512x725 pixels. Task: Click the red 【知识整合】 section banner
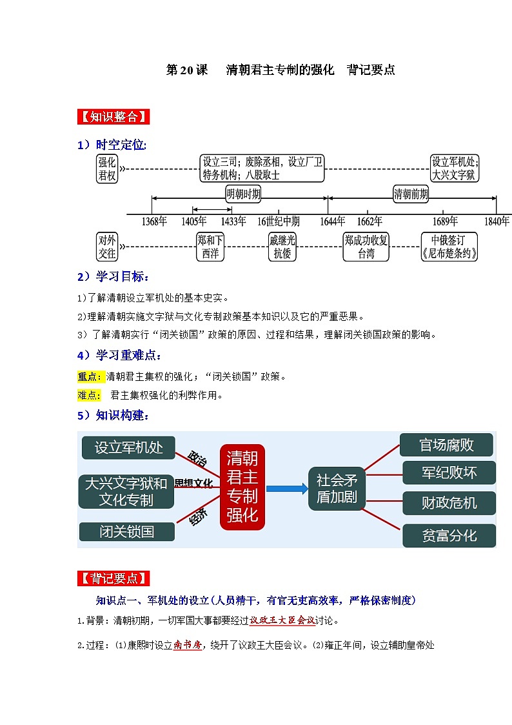(x=113, y=116)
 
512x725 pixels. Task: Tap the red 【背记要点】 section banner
(x=113, y=578)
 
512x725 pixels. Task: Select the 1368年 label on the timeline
(x=154, y=221)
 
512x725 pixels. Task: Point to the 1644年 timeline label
(x=332, y=221)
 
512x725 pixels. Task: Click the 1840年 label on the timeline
(x=497, y=221)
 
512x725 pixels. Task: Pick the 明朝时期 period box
(x=243, y=194)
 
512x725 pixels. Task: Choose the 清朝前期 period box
(x=411, y=194)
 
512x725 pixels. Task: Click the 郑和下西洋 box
(x=210, y=247)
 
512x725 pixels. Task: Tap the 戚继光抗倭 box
(x=282, y=247)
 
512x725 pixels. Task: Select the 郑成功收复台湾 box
(x=366, y=247)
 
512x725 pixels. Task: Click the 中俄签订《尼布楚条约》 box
(x=449, y=247)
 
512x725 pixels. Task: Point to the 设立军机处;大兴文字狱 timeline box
(x=455, y=168)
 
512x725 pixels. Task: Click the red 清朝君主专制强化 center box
(x=242, y=487)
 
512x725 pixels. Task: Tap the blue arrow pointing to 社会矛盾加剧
(x=287, y=489)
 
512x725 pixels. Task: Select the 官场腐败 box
(x=446, y=445)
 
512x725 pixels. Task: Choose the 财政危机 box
(x=449, y=503)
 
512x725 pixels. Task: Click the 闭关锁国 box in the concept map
(x=127, y=532)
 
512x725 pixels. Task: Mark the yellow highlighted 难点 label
(x=88, y=395)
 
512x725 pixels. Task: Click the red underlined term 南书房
(x=188, y=645)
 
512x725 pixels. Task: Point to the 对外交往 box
(x=107, y=247)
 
